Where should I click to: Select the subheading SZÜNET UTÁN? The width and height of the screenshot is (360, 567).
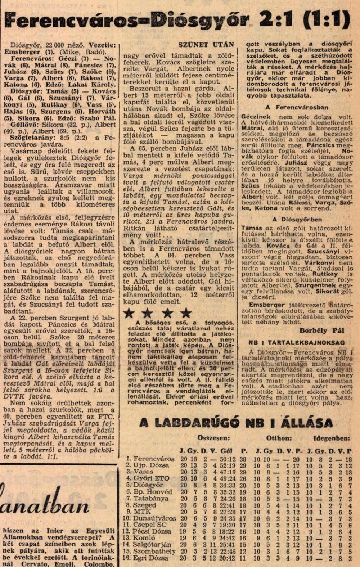tap(206, 45)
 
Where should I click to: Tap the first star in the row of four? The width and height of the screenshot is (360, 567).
tap(129, 313)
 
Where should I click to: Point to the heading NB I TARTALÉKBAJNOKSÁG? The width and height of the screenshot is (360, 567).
tap(296, 343)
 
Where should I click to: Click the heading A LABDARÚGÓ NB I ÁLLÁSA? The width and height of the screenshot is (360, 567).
tap(236, 422)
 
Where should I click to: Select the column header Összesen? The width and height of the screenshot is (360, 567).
tap(213, 438)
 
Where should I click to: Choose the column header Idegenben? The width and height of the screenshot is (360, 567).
tap(332, 438)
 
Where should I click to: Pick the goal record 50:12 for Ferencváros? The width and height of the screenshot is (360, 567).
tap(226, 459)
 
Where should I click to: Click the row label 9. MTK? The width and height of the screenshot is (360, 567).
tap(137, 512)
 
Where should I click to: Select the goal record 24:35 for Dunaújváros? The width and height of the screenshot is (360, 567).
tap(226, 518)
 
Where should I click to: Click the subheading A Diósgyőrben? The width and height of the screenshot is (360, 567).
tap(297, 219)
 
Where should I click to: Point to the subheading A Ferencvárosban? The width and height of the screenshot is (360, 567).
tap(297, 107)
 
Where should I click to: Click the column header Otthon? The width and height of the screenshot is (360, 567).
tap(279, 438)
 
